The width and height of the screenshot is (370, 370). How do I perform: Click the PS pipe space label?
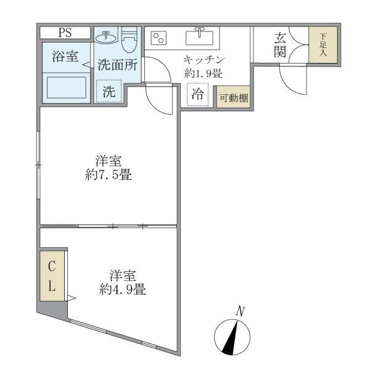click(x=65, y=33)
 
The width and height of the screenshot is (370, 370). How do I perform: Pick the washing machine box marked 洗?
click(x=109, y=92)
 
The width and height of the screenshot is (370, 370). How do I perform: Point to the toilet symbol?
click(x=129, y=41)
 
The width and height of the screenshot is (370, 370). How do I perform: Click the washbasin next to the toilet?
click(x=107, y=36)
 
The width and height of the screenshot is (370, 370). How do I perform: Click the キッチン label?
click(x=203, y=60)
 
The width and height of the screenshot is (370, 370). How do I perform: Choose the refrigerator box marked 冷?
click(x=197, y=96)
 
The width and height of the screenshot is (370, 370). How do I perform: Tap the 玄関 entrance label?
click(x=280, y=44)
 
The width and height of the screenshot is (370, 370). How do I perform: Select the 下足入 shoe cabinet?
click(x=323, y=45)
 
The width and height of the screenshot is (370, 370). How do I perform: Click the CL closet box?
click(x=52, y=276)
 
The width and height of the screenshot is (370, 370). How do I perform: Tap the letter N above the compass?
click(x=242, y=311)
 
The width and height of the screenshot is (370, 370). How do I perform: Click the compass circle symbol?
click(x=232, y=339)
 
